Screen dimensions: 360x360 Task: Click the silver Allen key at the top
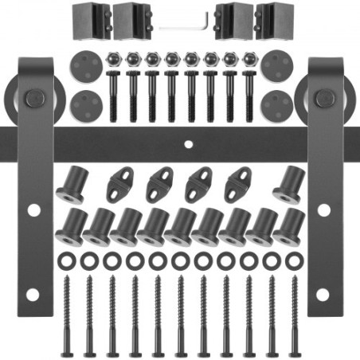click(185, 25)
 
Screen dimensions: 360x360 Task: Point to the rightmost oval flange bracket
click(238, 185)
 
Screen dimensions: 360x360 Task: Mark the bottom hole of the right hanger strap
click(323, 295)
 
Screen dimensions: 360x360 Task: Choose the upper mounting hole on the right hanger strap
click(323, 210)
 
